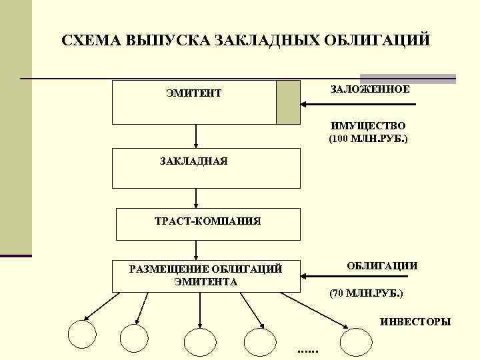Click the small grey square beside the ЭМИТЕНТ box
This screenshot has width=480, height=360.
coord(287,103)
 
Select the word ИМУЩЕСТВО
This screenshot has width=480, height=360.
coord(368,125)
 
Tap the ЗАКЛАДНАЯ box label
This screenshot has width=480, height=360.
coord(194,161)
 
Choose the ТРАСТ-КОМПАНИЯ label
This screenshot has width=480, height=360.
coord(207,221)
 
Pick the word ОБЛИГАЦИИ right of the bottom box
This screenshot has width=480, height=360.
coord(382,265)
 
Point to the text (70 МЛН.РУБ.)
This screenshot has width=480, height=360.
coord(367,293)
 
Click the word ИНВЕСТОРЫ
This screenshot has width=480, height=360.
coord(415,322)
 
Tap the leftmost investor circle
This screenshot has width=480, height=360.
coord(85,336)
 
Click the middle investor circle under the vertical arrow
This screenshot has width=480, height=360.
coord(200,341)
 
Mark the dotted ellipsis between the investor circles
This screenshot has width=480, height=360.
coord(307,351)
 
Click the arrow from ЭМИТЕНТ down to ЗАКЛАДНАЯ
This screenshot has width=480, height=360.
coord(196,136)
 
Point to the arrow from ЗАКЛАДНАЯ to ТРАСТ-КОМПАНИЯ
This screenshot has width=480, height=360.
coord(196,198)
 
